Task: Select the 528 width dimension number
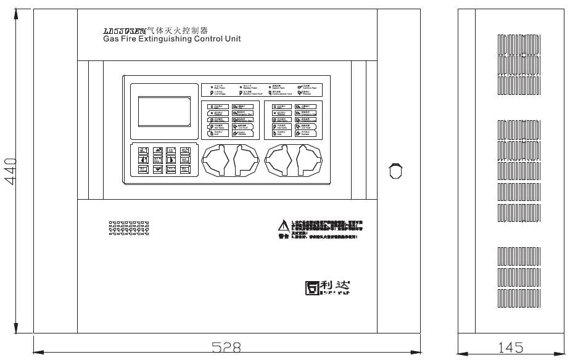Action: [226, 348]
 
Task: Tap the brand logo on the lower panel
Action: [327, 287]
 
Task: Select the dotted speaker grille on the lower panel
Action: [129, 229]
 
